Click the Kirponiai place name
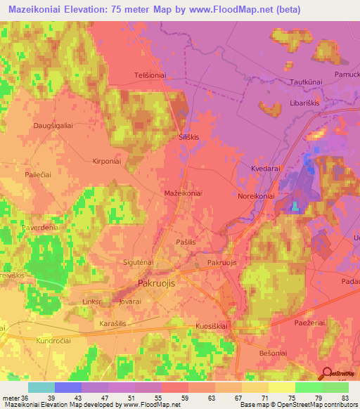pyautogui.click(x=107, y=160)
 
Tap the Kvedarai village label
pyautogui.click(x=266, y=169)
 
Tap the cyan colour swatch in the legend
pyautogui.click(x=41, y=387)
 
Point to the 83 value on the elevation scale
pyautogui.click(x=343, y=398)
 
